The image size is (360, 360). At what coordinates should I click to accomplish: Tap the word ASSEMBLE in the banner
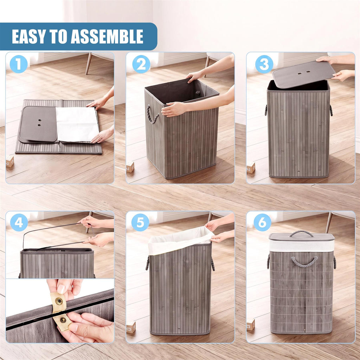tap(107, 37)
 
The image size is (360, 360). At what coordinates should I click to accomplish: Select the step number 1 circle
tap(19, 64)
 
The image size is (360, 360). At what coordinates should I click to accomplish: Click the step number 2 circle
tap(141, 64)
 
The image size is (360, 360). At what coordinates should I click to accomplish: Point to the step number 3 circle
tap(264, 64)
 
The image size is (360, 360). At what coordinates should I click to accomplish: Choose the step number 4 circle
tap(19, 223)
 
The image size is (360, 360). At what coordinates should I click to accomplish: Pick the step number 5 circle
tap(140, 223)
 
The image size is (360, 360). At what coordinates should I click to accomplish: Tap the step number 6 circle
tap(262, 223)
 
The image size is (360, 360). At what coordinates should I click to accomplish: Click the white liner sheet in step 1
tap(77, 124)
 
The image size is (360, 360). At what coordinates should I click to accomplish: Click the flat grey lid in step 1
tap(38, 124)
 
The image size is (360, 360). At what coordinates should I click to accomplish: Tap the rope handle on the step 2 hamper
tap(152, 114)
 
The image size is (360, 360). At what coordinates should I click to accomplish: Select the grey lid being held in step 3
tap(303, 75)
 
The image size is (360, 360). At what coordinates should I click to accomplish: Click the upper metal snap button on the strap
tap(59, 301)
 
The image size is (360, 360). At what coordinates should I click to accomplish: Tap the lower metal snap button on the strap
tap(63, 320)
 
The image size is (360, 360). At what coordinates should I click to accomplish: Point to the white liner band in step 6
tap(302, 246)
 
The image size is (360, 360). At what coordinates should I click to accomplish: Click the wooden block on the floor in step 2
tap(130, 167)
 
